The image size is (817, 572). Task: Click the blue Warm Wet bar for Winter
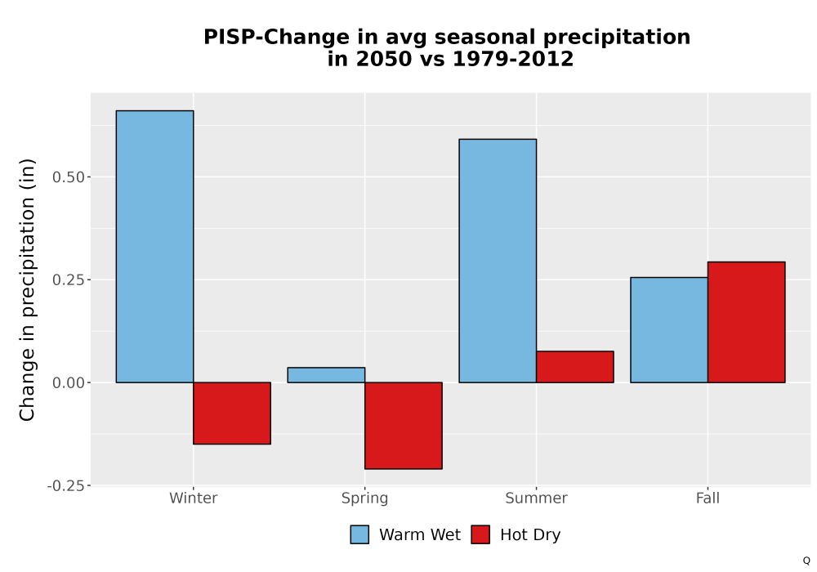(154, 247)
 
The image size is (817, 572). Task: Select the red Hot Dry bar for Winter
(232, 413)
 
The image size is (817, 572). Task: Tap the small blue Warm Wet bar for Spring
(326, 375)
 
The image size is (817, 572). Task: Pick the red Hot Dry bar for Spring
(404, 426)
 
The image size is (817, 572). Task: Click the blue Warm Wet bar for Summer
(498, 261)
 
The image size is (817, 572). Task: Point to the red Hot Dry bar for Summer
(574, 367)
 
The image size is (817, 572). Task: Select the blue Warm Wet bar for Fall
(669, 330)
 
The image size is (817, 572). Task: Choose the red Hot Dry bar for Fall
(746, 323)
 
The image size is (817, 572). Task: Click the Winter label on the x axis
(194, 498)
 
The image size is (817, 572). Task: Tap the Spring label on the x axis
(364, 498)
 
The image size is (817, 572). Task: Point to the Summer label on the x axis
(536, 498)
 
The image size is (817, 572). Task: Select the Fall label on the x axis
(708, 498)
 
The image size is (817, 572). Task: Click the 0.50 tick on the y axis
(69, 177)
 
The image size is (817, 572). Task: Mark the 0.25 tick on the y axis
(69, 279)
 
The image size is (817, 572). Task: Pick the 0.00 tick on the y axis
(69, 383)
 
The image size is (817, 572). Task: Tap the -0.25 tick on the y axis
(65, 486)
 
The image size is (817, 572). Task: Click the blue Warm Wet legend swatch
(359, 534)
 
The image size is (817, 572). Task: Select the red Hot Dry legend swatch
(480, 534)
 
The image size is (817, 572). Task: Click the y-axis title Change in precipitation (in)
(27, 289)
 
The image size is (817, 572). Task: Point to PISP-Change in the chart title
(276, 38)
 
